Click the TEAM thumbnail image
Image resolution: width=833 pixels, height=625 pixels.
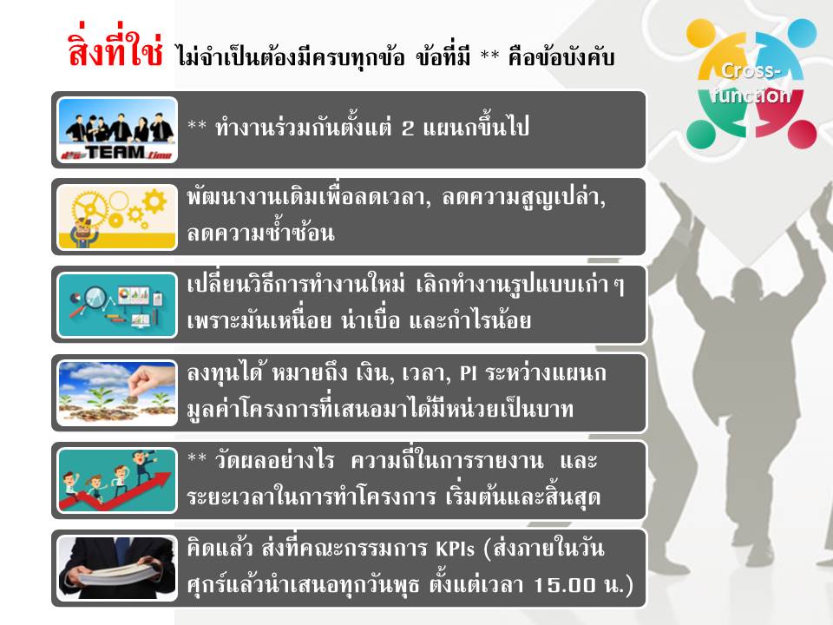117,129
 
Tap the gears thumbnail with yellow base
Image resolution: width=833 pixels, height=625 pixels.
117,217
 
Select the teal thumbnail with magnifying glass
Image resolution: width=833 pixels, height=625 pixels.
117,305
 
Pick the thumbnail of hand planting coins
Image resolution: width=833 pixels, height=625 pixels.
117,392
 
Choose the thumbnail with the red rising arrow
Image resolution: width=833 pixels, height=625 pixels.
117,480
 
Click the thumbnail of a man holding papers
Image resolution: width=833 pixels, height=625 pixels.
117,568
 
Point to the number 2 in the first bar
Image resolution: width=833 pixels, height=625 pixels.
408,128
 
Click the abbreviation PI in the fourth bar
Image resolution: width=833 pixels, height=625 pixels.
468,373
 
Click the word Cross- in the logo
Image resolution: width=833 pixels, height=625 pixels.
751,70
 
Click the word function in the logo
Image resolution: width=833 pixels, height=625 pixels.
751,95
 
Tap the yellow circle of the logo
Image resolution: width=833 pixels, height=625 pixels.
701,33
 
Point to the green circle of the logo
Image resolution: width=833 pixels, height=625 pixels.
701,134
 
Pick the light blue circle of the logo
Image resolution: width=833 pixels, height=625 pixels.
802,33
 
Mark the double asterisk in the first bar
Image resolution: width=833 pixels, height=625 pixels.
197,126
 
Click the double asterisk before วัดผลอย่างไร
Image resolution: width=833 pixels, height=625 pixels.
197,458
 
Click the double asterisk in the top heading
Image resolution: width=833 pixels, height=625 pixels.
489,56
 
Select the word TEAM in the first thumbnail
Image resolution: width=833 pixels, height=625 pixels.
115,153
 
